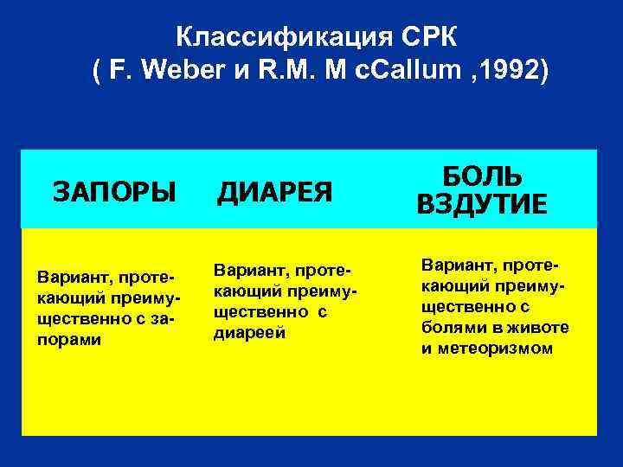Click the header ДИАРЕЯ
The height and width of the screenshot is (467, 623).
[x=273, y=190]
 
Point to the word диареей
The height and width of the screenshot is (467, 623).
[x=246, y=333]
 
